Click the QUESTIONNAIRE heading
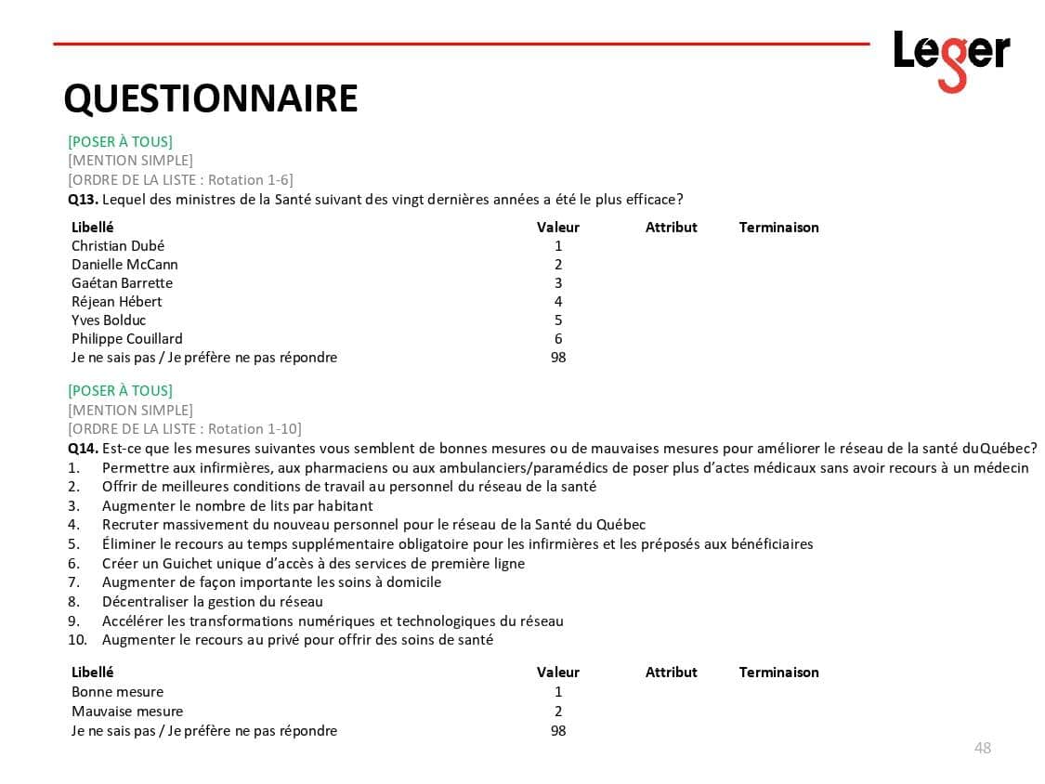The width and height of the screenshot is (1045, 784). [x=210, y=98]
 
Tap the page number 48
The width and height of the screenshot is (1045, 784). [x=982, y=748]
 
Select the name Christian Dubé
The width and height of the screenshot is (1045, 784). [x=118, y=246]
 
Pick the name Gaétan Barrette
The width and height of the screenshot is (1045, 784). [x=122, y=283]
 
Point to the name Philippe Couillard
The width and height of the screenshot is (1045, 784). [x=127, y=339]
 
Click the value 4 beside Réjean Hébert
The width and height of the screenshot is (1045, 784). [x=558, y=302]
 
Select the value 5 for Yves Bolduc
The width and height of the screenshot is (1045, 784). [x=558, y=320]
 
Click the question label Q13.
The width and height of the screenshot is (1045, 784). [x=83, y=200]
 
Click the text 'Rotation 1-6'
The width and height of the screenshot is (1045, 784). [x=250, y=180]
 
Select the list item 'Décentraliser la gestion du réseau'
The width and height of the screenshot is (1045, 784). [x=213, y=602]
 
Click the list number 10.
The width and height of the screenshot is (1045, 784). [x=77, y=640]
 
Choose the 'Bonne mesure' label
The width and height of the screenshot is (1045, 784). [x=117, y=692]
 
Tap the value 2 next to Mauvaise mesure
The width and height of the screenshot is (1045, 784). [x=558, y=712]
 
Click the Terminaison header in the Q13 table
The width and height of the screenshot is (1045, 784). [x=778, y=228]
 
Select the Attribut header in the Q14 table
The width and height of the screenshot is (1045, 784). [x=671, y=673]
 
